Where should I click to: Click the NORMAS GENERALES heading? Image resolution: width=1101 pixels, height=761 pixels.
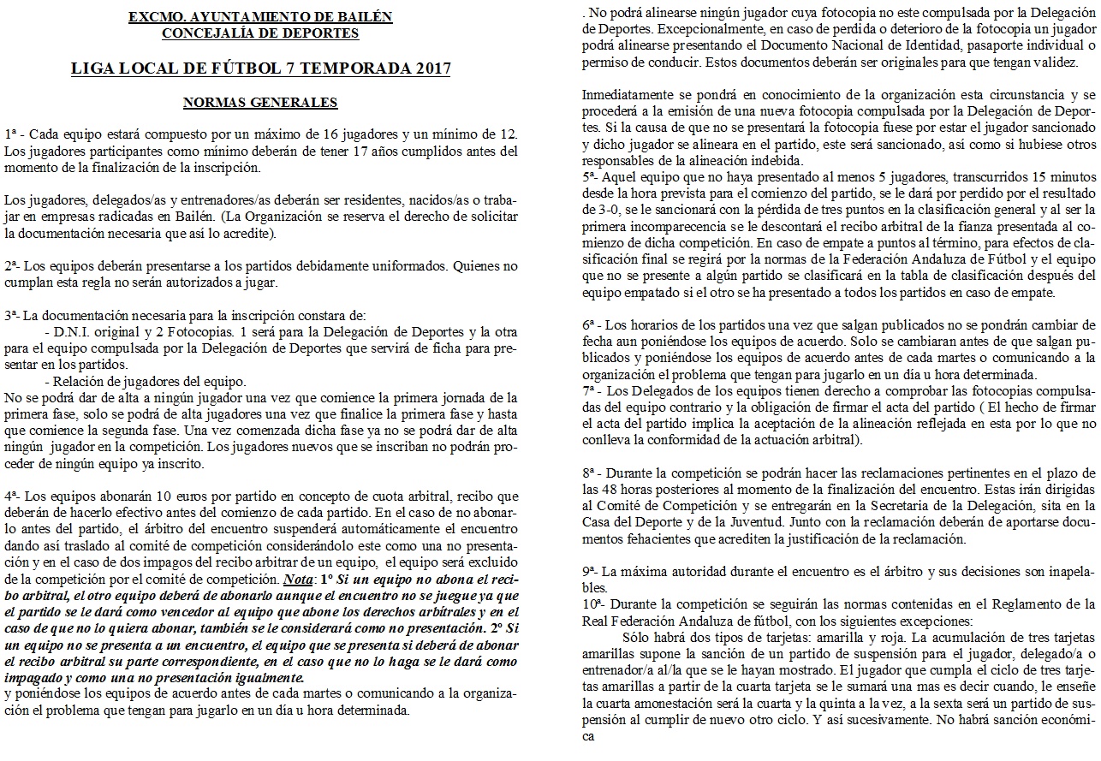pyautogui.click(x=260, y=103)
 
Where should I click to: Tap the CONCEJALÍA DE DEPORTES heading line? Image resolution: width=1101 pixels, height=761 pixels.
pyautogui.click(x=260, y=33)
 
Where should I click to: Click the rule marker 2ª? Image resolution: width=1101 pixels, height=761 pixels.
pyautogui.click(x=12, y=267)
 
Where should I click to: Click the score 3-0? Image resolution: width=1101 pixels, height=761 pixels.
pyautogui.click(x=594, y=209)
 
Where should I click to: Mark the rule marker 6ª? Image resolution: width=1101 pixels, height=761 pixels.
pyautogui.click(x=590, y=326)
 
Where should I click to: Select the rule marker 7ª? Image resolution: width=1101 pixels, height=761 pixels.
pyautogui.click(x=590, y=390)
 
